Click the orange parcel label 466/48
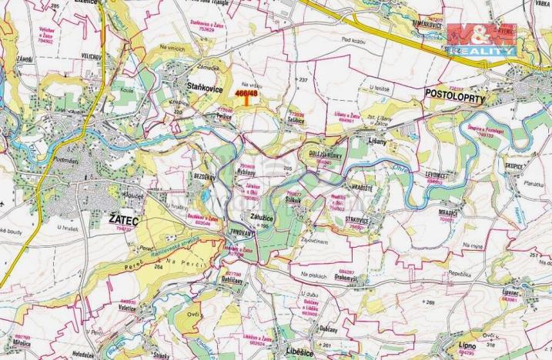tap(246, 93)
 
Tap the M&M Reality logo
tap(481, 38)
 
